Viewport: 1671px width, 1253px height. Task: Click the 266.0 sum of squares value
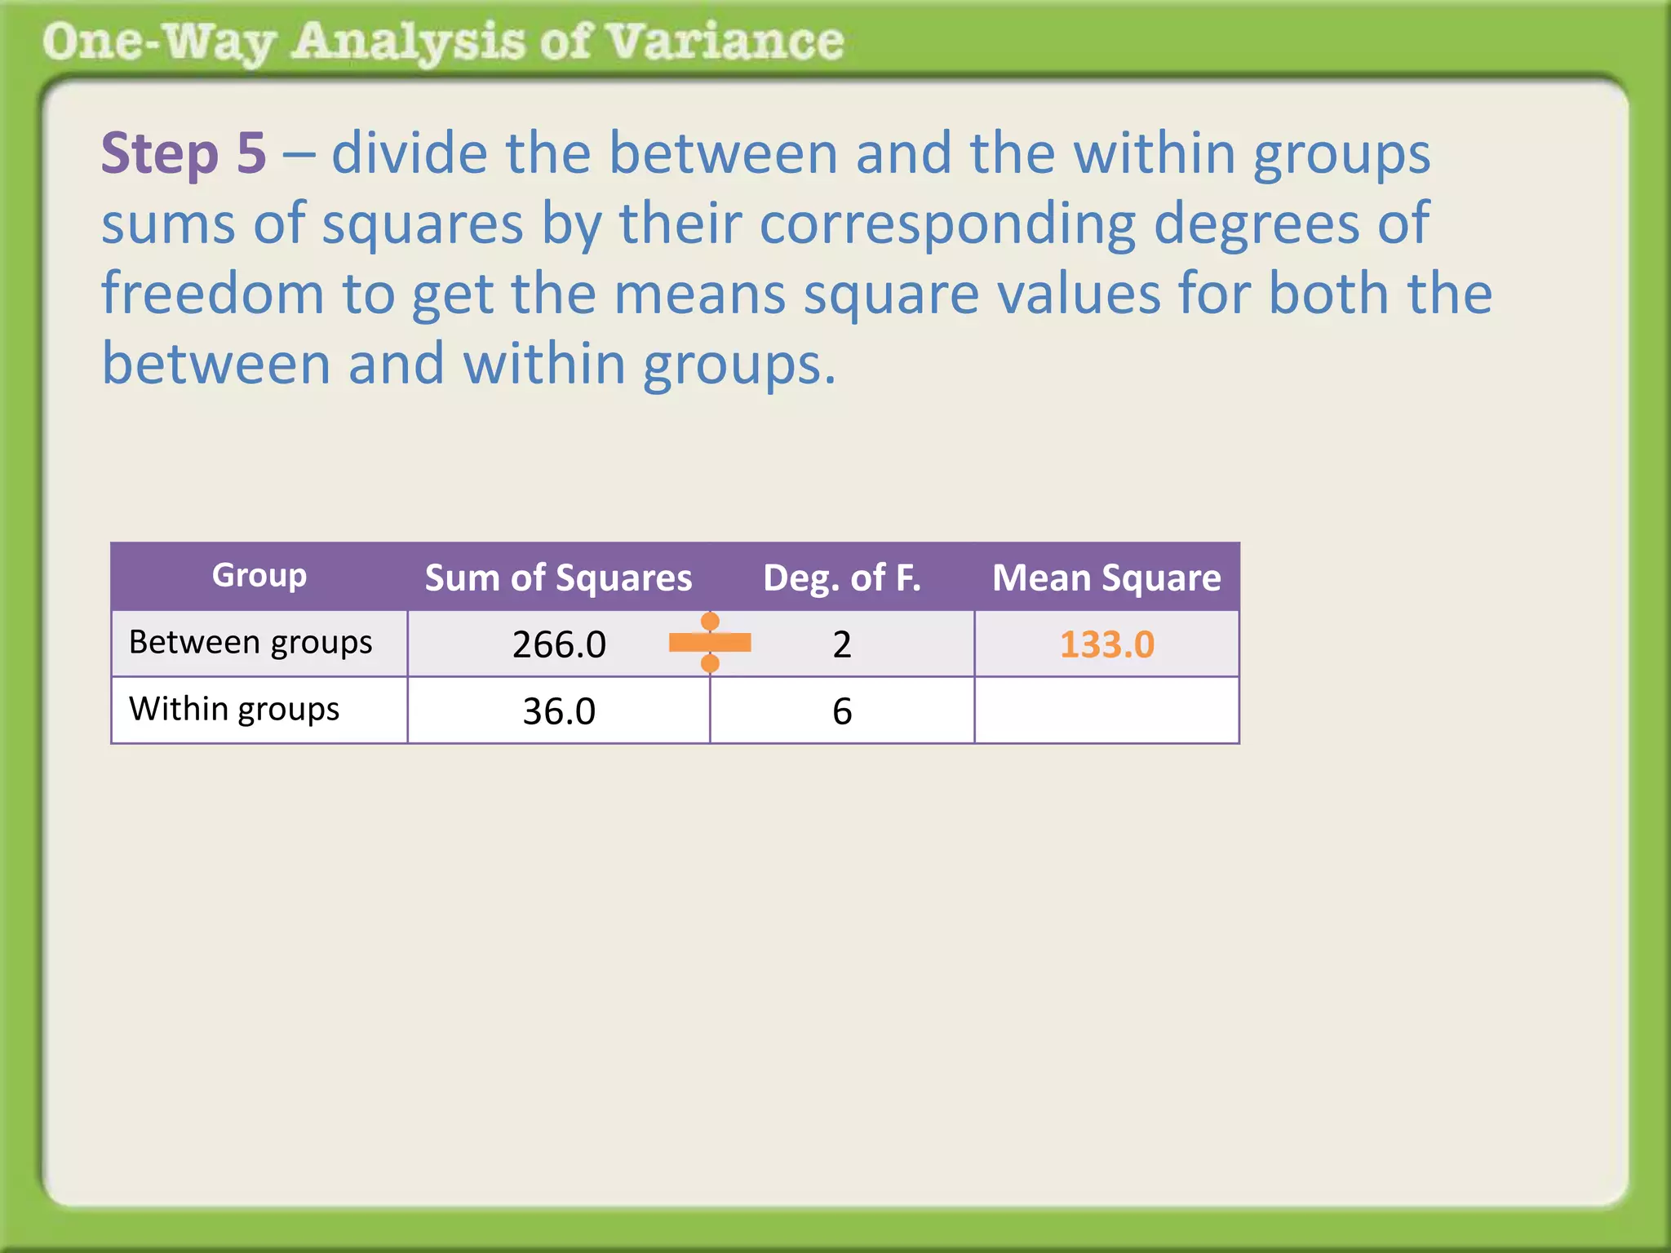tap(559, 644)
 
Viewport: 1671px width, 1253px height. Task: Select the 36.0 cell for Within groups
tap(559, 711)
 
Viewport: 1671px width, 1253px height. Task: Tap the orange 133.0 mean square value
tap(1106, 644)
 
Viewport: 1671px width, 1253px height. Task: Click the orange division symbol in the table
tap(710, 643)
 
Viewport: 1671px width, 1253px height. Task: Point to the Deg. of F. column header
tap(841, 578)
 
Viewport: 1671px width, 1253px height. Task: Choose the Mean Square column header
tap(1106, 578)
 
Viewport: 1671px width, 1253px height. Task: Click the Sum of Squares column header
tap(558, 578)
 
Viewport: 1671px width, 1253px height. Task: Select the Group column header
tap(259, 575)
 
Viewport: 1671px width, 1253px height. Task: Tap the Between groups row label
tap(250, 643)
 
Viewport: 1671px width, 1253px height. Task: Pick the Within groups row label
tap(234, 710)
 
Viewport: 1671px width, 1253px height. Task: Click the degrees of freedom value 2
tap(842, 644)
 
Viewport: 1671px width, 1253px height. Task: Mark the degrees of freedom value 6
tap(842, 711)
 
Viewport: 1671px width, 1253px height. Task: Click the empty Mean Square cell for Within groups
tap(1106, 711)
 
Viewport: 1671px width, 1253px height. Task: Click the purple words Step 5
tap(184, 153)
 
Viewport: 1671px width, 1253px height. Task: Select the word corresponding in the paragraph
tap(947, 223)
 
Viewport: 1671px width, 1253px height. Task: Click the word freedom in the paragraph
tap(212, 294)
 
